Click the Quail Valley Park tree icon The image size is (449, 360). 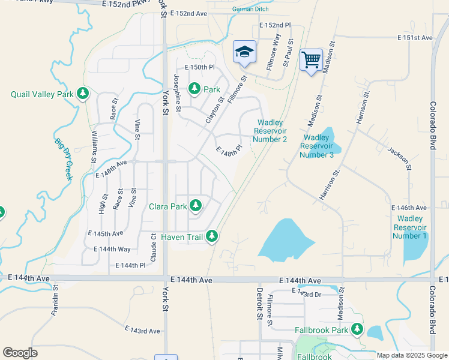(83, 94)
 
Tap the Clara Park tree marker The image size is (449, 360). (195, 206)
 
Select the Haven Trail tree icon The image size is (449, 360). (211, 236)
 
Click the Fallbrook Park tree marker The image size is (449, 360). (357, 329)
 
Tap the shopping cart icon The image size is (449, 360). (311, 60)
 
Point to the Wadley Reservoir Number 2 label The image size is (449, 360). (270, 130)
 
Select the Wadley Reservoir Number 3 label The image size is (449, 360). (317, 146)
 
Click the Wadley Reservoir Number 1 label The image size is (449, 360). (410, 227)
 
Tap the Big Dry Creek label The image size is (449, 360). (64, 159)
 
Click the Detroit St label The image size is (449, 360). (260, 303)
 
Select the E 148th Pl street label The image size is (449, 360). (229, 149)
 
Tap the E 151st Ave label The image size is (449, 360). (415, 38)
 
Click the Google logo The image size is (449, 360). (20, 353)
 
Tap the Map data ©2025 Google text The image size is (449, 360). (411, 355)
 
